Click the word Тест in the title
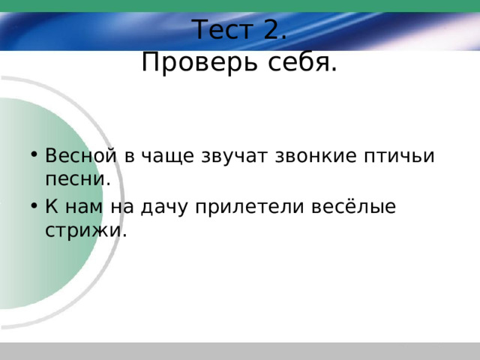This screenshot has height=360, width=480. pyautogui.click(x=223, y=30)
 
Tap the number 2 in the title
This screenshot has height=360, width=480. pyautogui.click(x=274, y=29)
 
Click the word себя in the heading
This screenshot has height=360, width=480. pyautogui.click(x=302, y=61)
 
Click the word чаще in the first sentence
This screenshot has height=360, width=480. pyautogui.click(x=167, y=157)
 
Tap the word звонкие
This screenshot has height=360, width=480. pyautogui.click(x=316, y=156)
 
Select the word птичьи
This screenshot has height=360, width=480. pyautogui.click(x=399, y=157)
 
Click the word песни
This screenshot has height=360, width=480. pyautogui.click(x=78, y=179)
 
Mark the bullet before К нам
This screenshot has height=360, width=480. pyautogui.click(x=34, y=205)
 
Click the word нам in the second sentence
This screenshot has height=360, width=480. pyautogui.click(x=84, y=207)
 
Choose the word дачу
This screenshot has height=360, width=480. pyautogui.click(x=163, y=208)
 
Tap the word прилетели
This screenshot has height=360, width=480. pyautogui.click(x=250, y=207)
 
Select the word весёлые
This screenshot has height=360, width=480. pyautogui.click(x=353, y=205)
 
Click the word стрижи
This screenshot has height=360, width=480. pyautogui.click(x=86, y=230)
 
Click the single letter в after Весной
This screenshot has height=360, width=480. pyautogui.click(x=129, y=157)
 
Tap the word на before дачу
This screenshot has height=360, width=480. pyautogui.click(x=122, y=207)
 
